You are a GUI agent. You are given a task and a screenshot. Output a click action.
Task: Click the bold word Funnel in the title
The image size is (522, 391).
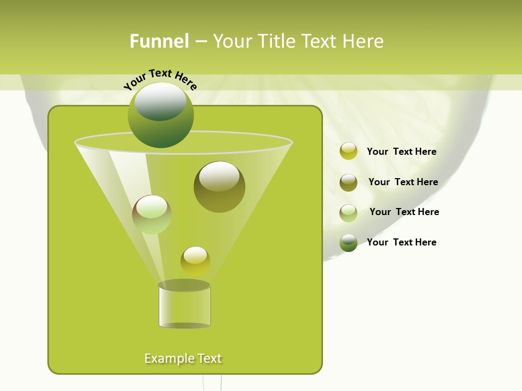(x=159, y=41)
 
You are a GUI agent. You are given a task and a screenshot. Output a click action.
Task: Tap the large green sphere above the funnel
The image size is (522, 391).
(x=160, y=115)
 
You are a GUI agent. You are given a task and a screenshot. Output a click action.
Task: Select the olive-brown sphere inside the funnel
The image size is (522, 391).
(x=219, y=187)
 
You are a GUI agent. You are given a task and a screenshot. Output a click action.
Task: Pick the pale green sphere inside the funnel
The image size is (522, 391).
(x=152, y=215)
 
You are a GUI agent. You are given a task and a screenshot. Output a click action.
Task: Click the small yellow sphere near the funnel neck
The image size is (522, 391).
(x=195, y=261)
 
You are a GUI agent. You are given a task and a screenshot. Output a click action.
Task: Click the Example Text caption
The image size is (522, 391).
(x=183, y=358)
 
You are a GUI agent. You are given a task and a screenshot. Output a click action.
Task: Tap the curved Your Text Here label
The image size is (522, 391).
(x=160, y=79)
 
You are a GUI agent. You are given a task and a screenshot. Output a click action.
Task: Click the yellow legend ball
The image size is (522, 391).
(x=349, y=152)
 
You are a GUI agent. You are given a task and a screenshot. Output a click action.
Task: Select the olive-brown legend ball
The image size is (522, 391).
(x=349, y=182)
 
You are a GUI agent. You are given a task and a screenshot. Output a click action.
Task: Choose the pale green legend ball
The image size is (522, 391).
(x=349, y=213)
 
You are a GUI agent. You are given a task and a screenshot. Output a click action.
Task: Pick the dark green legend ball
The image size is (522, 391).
(x=349, y=243)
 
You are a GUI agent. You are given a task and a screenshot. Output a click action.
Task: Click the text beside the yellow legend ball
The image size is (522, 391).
(x=401, y=152)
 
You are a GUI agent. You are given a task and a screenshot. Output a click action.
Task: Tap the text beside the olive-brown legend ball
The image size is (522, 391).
(x=403, y=182)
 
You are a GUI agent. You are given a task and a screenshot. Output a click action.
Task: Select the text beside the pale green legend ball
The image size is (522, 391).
(x=404, y=212)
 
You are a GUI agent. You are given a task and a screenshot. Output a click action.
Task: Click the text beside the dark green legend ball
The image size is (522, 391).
(x=401, y=242)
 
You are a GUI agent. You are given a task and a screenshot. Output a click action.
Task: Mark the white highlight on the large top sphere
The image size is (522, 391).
(x=160, y=100)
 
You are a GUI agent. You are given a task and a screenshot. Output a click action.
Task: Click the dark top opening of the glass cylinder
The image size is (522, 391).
(x=184, y=285)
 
